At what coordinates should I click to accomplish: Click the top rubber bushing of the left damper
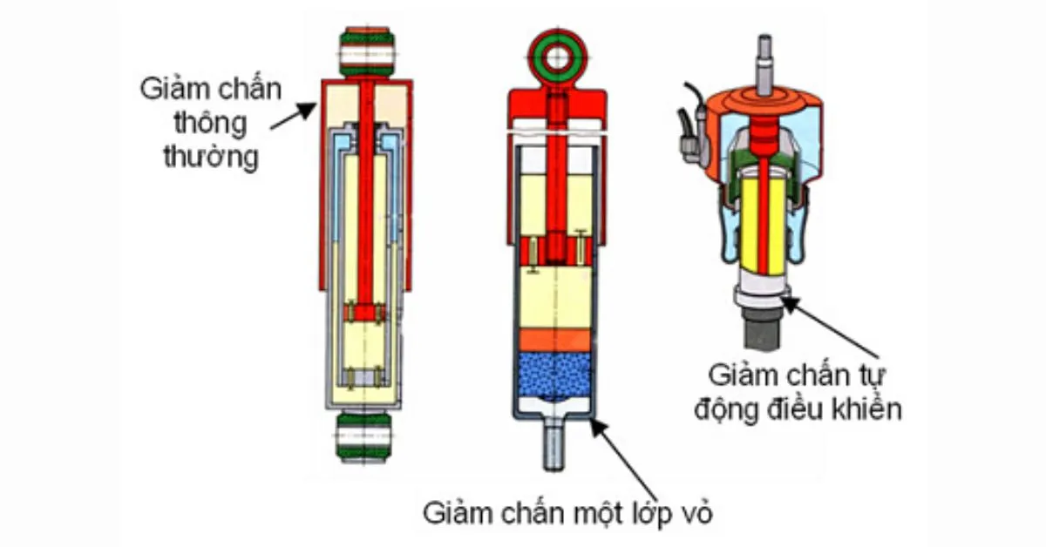tap(366, 52)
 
